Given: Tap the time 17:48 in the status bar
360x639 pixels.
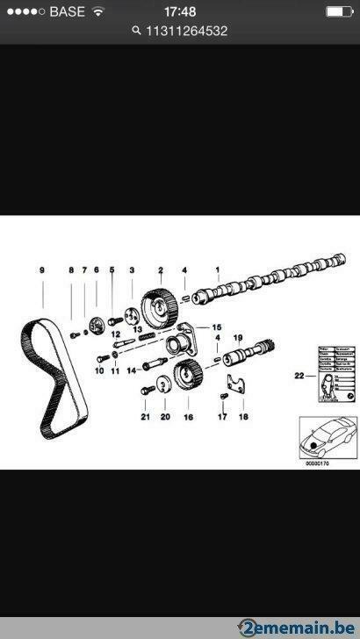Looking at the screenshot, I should coord(179,11).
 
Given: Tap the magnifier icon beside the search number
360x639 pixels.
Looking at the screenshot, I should coord(136,30).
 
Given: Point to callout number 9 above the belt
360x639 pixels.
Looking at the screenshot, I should coord(40,269).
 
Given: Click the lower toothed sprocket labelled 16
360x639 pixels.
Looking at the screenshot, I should coord(185,377).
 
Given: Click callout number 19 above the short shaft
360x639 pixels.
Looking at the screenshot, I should coord(237,338).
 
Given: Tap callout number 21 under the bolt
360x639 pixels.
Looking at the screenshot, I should coord(145,417).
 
